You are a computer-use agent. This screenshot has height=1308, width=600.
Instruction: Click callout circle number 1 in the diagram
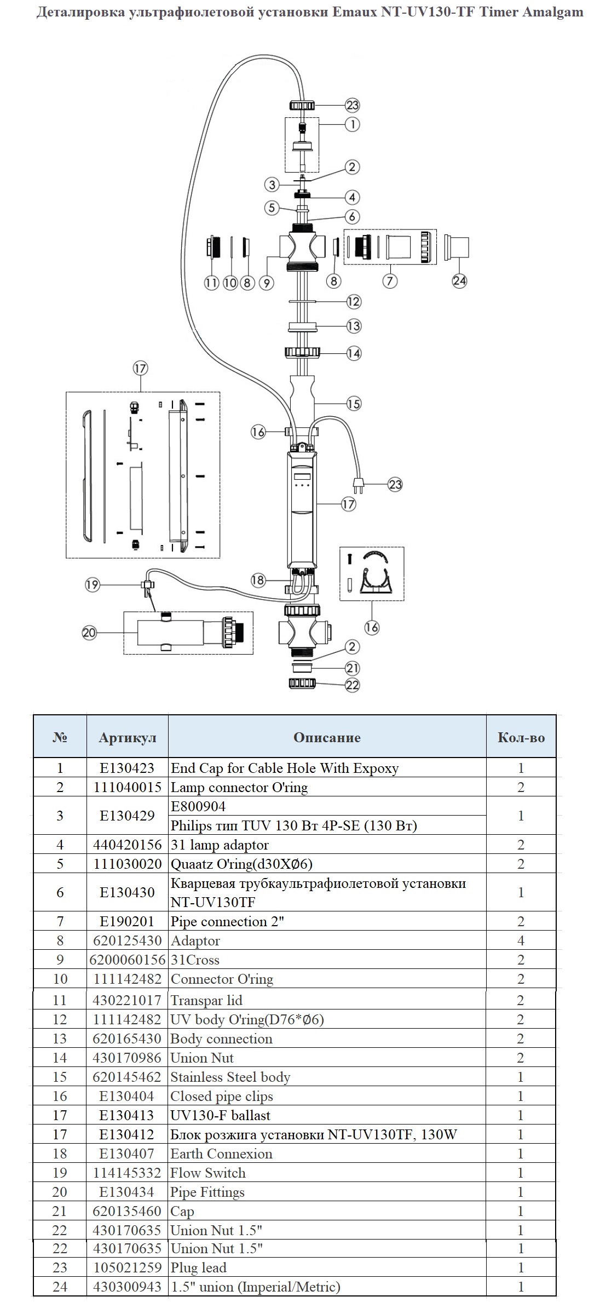tap(353, 124)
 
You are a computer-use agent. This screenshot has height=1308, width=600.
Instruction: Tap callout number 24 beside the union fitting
tap(459, 280)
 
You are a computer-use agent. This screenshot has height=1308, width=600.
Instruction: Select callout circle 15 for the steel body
tap(354, 404)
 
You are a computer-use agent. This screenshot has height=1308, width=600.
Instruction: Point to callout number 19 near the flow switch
tap(92, 584)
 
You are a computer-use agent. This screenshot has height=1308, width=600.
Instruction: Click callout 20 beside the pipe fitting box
tap(89, 633)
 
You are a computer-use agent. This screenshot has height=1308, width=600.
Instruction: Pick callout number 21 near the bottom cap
tap(352, 668)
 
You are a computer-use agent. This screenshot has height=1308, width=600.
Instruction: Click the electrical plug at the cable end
tap(358, 483)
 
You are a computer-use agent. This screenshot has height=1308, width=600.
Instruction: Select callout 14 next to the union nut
tap(354, 353)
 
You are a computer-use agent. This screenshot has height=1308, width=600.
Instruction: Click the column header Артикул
tap(128, 737)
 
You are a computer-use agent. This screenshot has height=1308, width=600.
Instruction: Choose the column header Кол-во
tap(521, 737)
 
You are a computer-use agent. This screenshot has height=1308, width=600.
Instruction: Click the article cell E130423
tap(127, 768)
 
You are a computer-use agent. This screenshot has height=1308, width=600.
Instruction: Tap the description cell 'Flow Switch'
tap(208, 1173)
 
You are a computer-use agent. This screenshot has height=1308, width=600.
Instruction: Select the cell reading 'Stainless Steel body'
tap(230, 1077)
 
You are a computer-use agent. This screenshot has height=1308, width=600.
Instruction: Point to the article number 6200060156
tap(128, 960)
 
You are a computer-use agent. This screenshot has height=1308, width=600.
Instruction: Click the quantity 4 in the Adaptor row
tap(521, 940)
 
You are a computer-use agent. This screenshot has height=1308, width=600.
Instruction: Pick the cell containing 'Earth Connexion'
tap(221, 1154)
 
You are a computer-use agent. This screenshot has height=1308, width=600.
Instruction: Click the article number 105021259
tap(127, 1267)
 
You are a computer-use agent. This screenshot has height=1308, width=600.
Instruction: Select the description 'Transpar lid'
tap(206, 1000)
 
